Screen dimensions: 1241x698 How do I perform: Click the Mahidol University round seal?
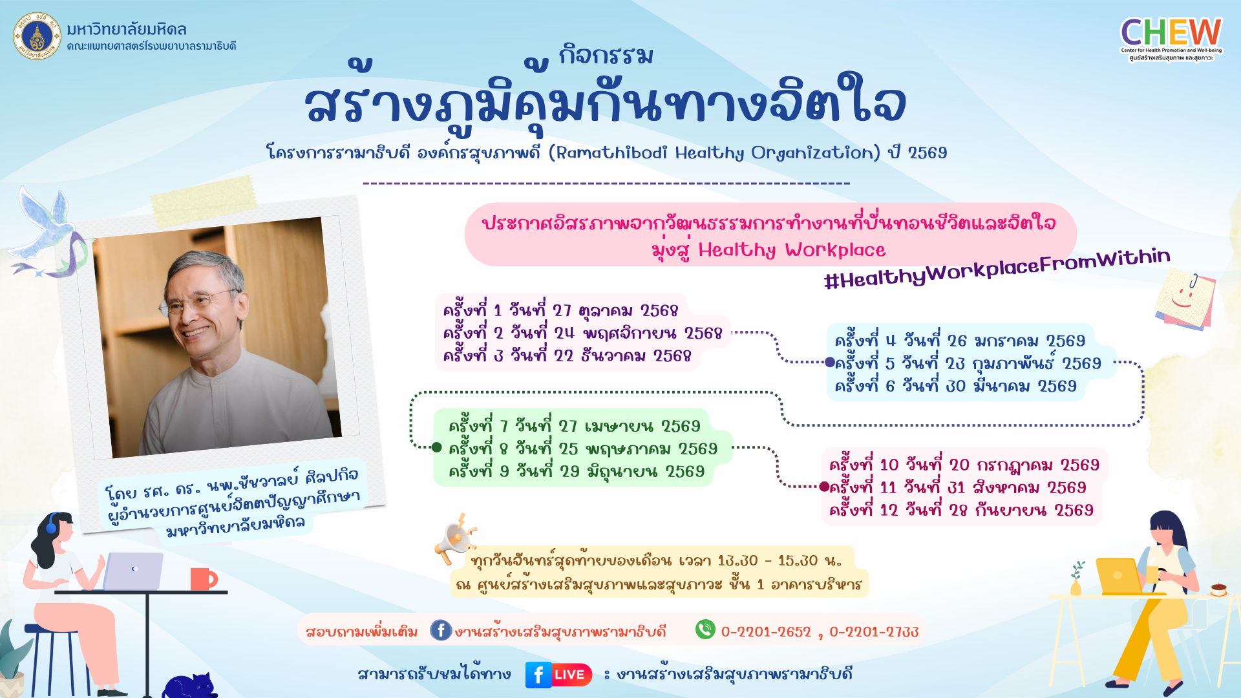click(x=37, y=36)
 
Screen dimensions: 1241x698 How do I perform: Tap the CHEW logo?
click(x=1171, y=39)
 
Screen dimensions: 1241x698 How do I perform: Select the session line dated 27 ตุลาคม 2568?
click(x=560, y=310)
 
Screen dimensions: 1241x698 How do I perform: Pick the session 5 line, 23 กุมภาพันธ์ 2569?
click(x=968, y=363)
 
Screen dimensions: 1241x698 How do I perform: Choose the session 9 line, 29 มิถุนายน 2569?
click(x=577, y=471)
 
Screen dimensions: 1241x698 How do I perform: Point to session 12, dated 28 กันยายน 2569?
click(x=961, y=510)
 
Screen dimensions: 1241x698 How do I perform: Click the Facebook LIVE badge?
click(x=558, y=675)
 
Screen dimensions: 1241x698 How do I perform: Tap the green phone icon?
click(x=705, y=629)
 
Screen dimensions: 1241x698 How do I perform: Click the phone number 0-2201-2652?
click(x=766, y=631)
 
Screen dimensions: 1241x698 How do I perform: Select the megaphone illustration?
click(x=456, y=540)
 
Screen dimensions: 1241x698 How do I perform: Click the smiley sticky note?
click(x=1185, y=299)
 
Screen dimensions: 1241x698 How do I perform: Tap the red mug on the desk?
click(x=203, y=579)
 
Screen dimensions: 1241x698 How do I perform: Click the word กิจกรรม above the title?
click(x=606, y=55)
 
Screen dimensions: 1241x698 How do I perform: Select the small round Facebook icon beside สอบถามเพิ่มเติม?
click(x=441, y=630)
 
